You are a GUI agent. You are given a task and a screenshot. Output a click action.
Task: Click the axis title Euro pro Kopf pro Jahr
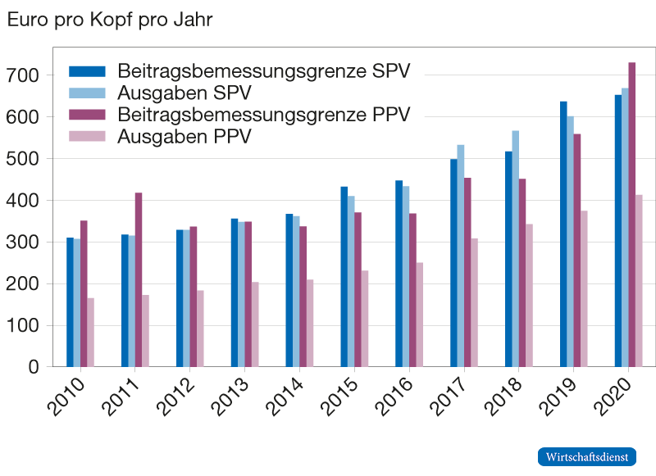pyautogui.click(x=110, y=20)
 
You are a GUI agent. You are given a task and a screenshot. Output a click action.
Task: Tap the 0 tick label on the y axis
pyautogui.click(x=33, y=368)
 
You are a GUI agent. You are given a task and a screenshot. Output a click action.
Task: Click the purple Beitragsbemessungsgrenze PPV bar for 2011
pyautogui.click(x=139, y=279)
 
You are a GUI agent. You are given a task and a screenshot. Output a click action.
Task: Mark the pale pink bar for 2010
pyautogui.click(x=91, y=332)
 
